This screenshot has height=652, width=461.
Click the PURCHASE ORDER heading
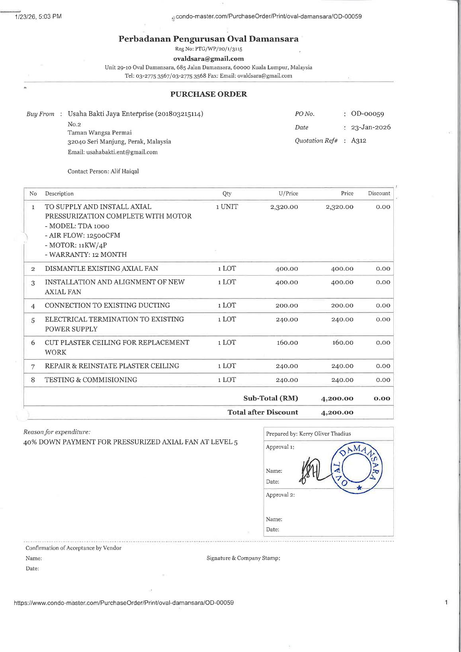pos(209,94)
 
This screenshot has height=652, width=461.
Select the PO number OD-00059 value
pos(367,114)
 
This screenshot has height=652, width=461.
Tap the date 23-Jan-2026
pos(371,127)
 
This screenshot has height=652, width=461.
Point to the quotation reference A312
pos(358,141)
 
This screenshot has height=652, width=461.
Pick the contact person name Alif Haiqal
pos(125,171)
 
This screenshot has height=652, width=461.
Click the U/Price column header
pos(288,194)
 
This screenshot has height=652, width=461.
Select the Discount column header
pos(379,194)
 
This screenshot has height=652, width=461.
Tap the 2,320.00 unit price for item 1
pos(284,207)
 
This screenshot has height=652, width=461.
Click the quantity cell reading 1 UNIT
pos(227,207)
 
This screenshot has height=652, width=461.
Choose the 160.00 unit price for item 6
pos(287,343)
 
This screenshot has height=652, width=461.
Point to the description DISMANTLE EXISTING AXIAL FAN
pos(102,269)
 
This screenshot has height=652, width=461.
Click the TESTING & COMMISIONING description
pos(91,380)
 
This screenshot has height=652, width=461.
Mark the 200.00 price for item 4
pos(342,306)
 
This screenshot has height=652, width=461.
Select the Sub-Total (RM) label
pos(270,398)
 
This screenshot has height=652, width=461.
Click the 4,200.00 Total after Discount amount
pos(337,413)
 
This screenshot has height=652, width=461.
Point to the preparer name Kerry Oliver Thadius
pos(325,434)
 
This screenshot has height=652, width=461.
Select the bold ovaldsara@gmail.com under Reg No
pos(208,59)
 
